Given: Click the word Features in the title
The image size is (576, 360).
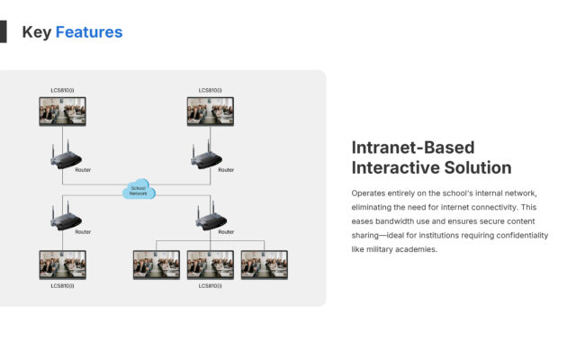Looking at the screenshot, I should (89, 32).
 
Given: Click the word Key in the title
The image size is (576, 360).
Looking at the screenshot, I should (37, 32).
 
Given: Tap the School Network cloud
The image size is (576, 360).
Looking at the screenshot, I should (139, 191).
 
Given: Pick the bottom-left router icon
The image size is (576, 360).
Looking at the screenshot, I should (65, 220).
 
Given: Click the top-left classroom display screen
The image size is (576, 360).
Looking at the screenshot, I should (62, 112).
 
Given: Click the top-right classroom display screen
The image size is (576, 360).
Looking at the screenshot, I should (211, 112).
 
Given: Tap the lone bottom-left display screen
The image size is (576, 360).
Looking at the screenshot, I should (62, 265).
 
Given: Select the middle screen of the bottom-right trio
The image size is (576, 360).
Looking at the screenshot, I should (211, 265).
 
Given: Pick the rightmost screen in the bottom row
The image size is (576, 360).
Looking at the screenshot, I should (264, 265).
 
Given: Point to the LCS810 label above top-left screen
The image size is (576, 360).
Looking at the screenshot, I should (62, 91).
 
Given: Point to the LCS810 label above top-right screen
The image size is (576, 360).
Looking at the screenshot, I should (211, 91).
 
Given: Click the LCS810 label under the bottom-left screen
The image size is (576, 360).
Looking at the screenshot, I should (62, 286).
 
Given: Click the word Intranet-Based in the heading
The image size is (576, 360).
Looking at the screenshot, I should (413, 148).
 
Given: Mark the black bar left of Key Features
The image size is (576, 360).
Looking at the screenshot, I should (3, 32).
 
